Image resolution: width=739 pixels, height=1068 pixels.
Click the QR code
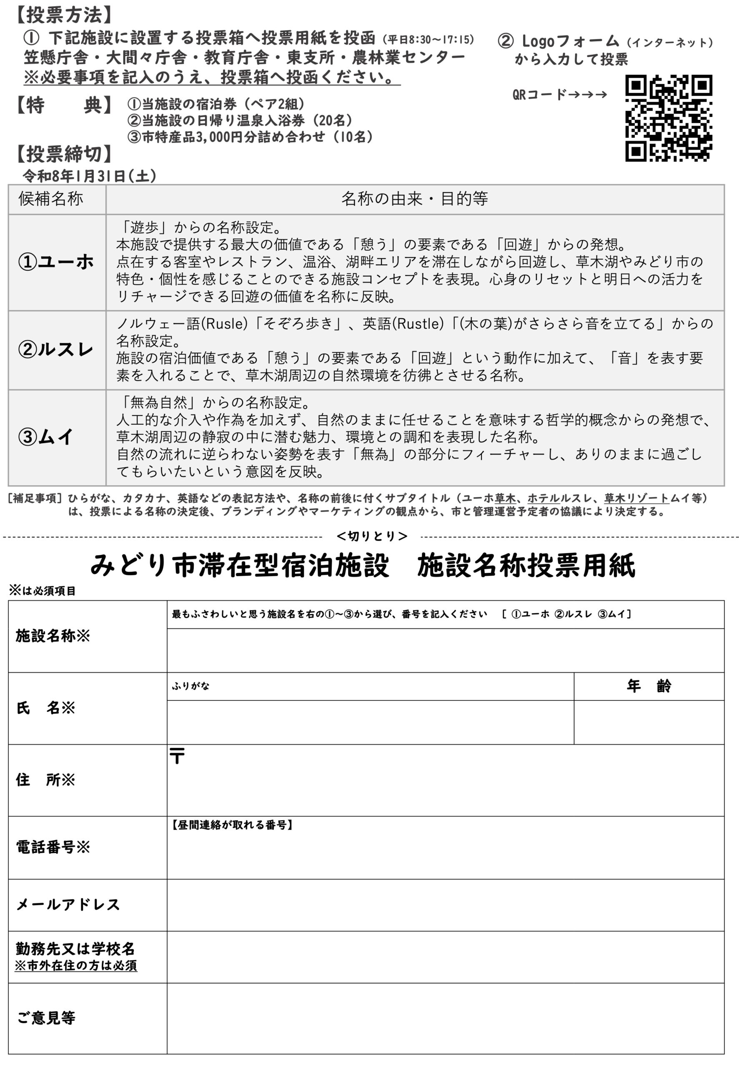668,118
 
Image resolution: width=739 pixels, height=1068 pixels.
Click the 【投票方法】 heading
63,15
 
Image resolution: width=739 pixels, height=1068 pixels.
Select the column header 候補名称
51,199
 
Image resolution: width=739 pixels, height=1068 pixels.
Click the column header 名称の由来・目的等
414,199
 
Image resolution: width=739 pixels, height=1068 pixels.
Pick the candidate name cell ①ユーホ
56,262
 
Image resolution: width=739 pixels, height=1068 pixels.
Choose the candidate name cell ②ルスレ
56,350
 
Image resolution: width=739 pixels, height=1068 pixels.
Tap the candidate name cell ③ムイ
46,437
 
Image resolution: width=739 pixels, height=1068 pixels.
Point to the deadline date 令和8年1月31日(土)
89,176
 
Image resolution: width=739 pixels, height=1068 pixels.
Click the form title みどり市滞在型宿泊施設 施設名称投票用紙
363,566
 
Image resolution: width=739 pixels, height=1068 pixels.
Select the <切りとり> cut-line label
372,536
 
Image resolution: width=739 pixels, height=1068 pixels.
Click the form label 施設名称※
53,636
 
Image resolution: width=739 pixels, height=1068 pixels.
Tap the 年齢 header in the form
648,686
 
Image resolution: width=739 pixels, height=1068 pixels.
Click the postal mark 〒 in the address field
177,756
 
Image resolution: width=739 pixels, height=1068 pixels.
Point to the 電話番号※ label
53,847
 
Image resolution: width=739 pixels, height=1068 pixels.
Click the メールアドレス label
68,904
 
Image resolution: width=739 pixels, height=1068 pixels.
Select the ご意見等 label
46,1018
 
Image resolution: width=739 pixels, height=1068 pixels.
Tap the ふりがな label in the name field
190,686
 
